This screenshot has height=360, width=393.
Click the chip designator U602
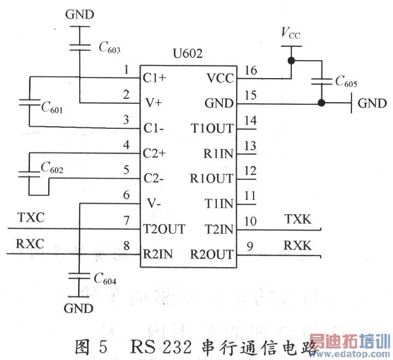tap(187, 55)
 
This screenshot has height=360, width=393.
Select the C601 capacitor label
tap(52, 108)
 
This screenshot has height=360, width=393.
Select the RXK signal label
tap(297, 246)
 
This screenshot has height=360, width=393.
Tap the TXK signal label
tap(298, 219)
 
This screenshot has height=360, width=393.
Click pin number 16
tap(250, 69)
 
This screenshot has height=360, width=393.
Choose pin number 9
tap(250, 246)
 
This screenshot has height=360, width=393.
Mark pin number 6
tap(126, 195)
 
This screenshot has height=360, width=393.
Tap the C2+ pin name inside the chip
tap(155, 154)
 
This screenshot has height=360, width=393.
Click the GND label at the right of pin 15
tap(372, 103)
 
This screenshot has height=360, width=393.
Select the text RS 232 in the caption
tap(159, 345)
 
